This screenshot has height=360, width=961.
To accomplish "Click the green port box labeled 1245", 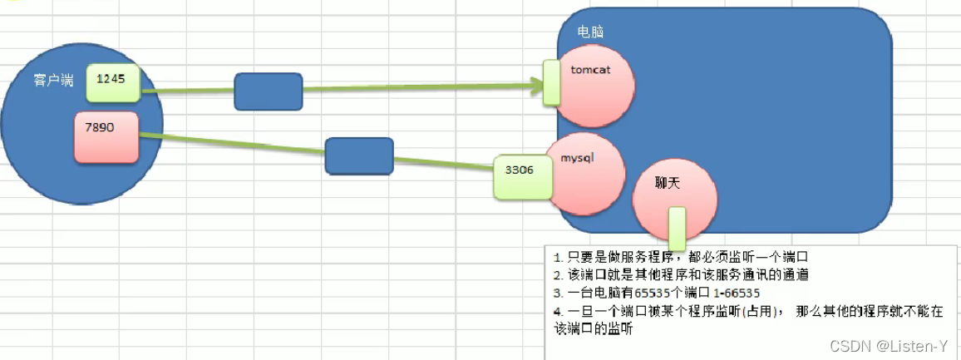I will (112, 81).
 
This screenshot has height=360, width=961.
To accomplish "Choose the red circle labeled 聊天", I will (674, 200).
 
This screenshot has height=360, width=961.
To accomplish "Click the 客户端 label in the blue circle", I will (53, 81).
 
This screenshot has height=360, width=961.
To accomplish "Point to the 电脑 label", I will (590, 32).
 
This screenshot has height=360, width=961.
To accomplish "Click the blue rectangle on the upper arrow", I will (268, 91).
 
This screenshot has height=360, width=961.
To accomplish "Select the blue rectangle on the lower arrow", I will (358, 156).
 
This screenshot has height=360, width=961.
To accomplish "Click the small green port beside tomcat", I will (550, 82).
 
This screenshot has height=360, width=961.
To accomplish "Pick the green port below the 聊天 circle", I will (677, 228).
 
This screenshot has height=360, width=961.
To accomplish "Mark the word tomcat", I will (591, 70).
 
